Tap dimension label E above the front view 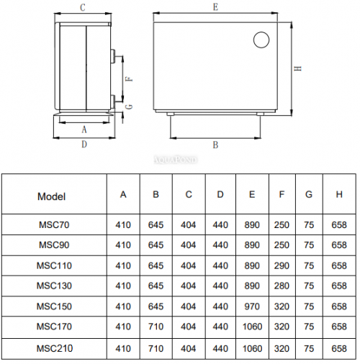click(x=215, y=7)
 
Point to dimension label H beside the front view click(x=298, y=68)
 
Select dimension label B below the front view click(x=215, y=145)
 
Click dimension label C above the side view click(x=83, y=7)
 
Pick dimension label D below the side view click(x=84, y=144)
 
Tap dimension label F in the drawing click(x=130, y=79)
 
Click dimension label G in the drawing click(x=130, y=106)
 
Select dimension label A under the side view click(x=84, y=129)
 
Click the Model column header click(x=51, y=196)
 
